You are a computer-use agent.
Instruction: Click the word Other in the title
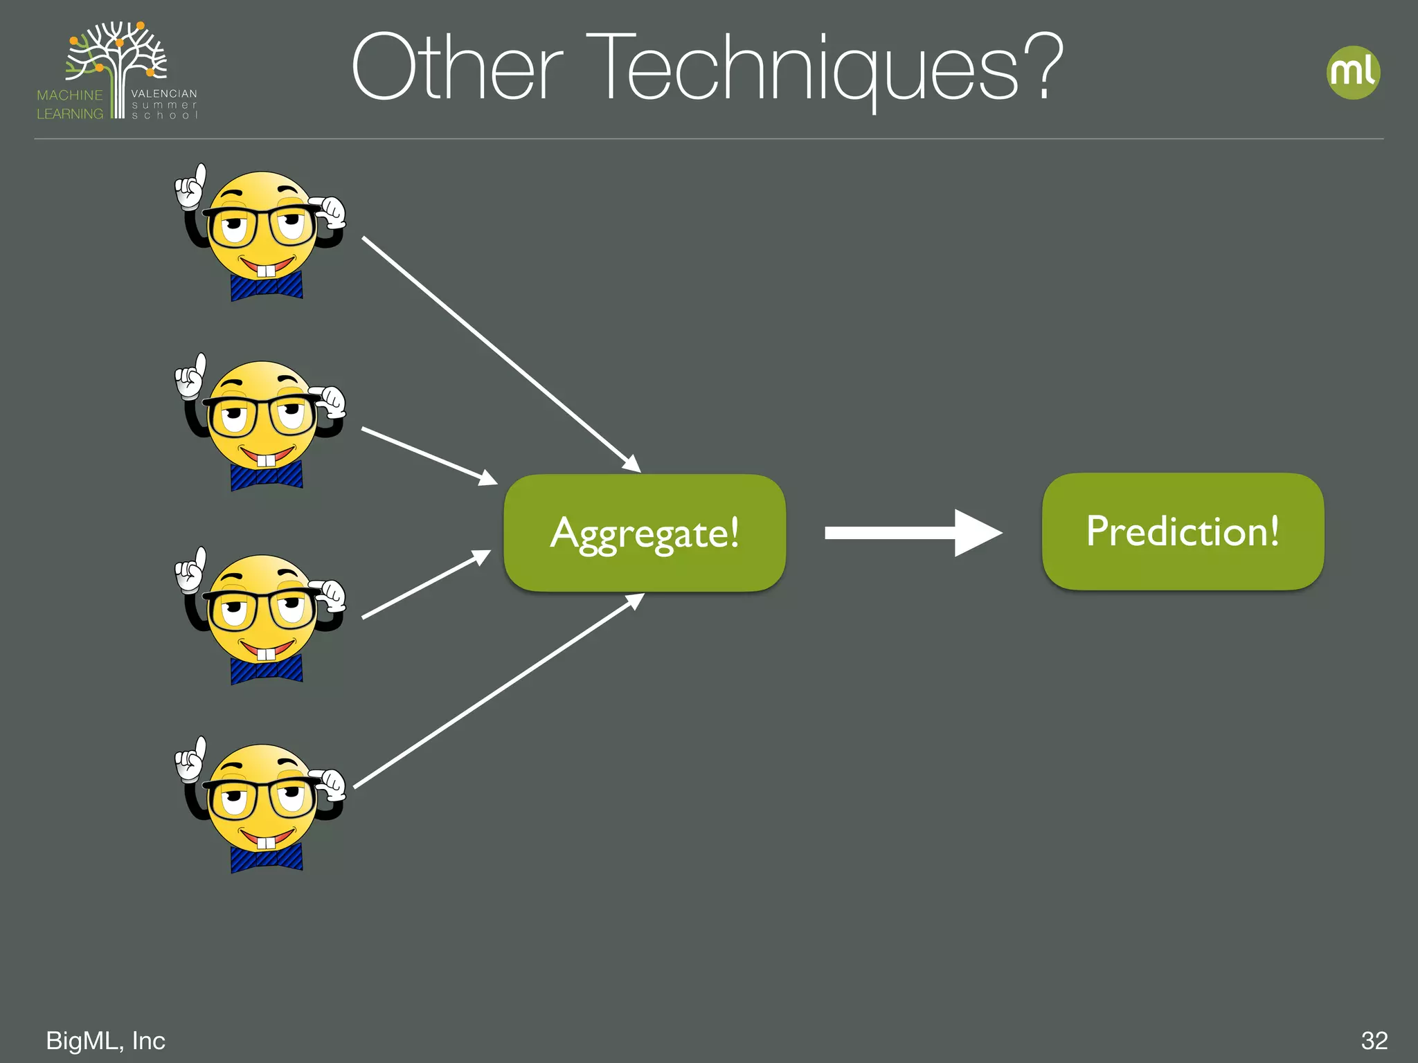(457, 69)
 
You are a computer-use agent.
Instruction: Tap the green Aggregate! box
(645, 533)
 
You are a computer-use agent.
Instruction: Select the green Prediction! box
(1183, 531)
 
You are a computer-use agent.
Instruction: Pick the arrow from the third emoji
(426, 584)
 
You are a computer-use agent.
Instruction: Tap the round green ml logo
(1354, 73)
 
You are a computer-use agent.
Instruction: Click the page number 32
(1374, 1040)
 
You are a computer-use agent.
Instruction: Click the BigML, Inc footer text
(105, 1040)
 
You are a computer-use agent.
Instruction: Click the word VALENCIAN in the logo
(164, 93)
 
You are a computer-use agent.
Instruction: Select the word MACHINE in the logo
(70, 95)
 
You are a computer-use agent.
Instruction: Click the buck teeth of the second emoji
(266, 460)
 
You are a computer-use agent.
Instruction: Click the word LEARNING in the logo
(70, 113)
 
